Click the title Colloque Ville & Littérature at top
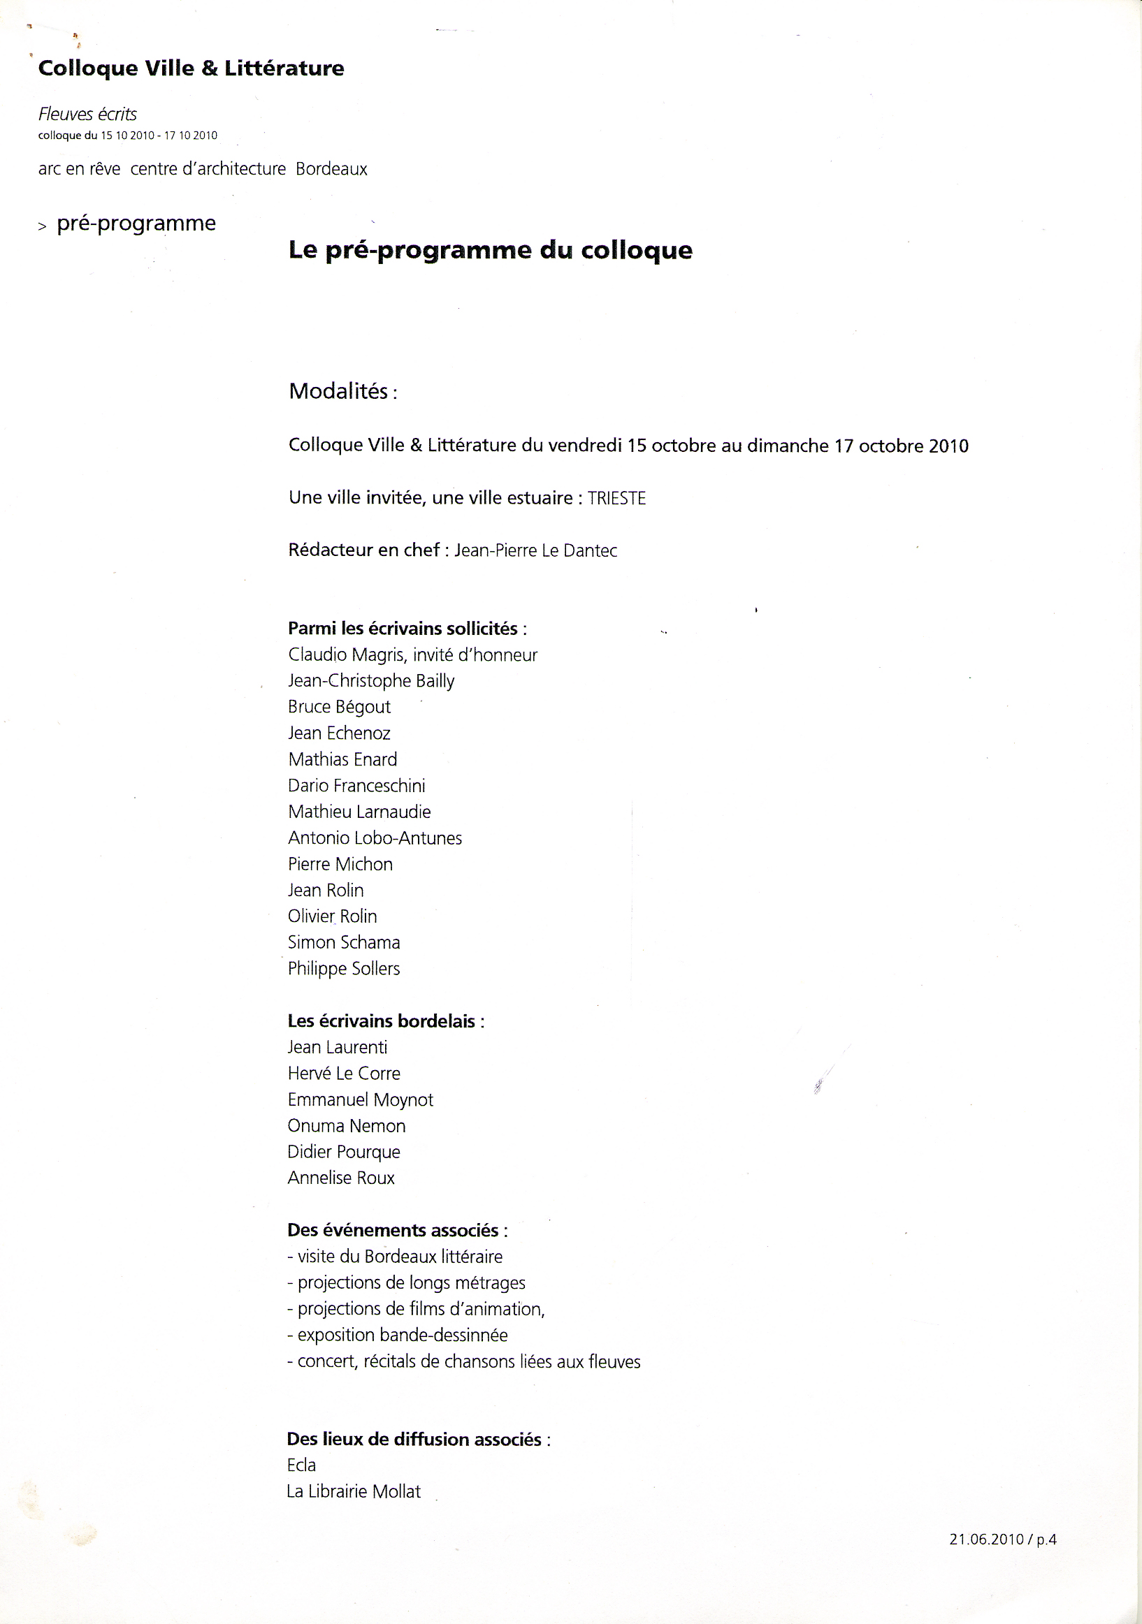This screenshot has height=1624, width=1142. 191,68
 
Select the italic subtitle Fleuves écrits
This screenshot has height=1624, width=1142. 88,114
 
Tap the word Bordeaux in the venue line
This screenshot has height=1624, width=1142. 331,169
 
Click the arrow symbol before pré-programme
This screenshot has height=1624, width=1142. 43,226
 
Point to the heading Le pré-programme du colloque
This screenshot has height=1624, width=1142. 491,250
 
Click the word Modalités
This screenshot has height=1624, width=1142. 338,391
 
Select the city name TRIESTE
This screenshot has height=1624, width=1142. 616,498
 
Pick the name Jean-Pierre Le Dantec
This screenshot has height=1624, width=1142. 535,550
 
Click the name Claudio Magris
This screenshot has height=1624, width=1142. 346,655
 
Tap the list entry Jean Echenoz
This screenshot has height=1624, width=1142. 339,733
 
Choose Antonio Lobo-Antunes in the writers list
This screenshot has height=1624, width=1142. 375,837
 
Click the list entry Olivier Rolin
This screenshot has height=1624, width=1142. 332,916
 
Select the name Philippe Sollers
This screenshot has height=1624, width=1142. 343,968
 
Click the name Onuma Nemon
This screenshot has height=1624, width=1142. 346,1125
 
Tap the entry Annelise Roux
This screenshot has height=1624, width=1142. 340,1178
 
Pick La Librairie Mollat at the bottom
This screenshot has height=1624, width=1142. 353,1491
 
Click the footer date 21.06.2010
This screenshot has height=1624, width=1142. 986,1539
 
